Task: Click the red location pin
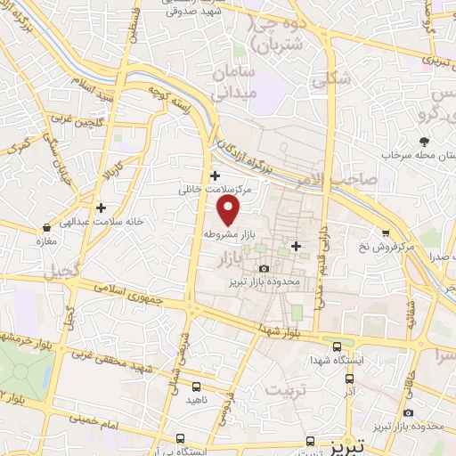tap(230, 210)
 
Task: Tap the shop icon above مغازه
tap(45, 227)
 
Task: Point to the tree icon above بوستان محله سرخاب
tap(424, 141)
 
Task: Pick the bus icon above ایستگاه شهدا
tap(337, 346)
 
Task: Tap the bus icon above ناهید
tap(196, 387)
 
